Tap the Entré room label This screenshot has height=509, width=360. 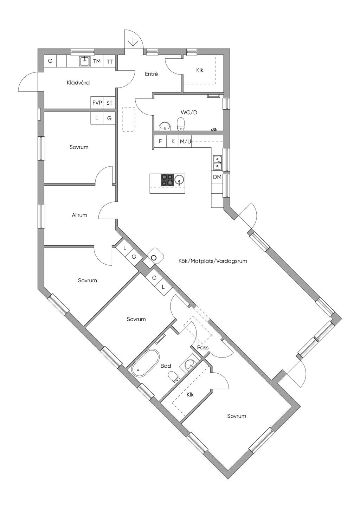coord(152,74)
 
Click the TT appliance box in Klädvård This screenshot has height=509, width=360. coord(110,61)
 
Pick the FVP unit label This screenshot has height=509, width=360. coord(97,103)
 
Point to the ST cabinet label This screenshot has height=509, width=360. coord(109,103)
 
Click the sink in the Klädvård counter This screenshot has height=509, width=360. coord(85,61)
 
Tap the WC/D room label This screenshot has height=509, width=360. coord(189,112)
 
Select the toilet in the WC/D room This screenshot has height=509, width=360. coord(181,124)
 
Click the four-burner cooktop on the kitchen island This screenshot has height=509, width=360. coord(168,180)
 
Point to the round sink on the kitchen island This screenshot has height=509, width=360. coord(180,179)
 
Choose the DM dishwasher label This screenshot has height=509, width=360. coord(217,177)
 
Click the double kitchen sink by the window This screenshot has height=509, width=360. coord(218,162)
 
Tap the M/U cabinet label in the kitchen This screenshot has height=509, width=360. coord(185,141)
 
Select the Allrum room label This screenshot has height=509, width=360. coord(79,215)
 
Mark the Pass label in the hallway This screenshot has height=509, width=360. coord(203,347)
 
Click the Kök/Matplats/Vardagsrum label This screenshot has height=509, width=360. coord(213,261)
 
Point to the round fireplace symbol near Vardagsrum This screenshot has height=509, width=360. coord(154,257)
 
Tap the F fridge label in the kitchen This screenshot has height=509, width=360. coord(160,141)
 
